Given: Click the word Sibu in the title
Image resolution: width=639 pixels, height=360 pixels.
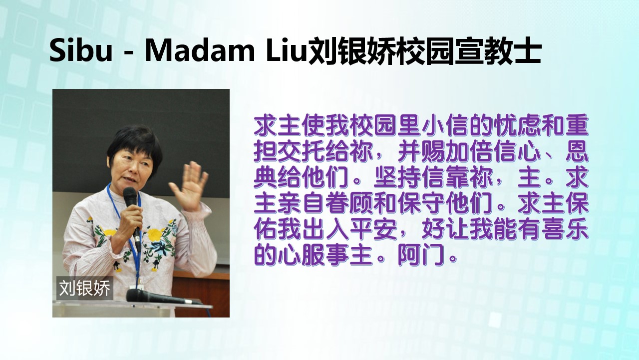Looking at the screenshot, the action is click(81, 50).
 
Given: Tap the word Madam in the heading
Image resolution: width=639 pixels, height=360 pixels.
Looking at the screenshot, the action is click(200, 50).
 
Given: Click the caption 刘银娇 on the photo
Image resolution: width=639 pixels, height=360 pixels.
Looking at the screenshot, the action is click(84, 288).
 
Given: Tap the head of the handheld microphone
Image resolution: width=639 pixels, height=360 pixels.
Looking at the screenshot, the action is click(130, 195).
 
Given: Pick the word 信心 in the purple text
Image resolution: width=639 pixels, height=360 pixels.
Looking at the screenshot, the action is click(517, 151).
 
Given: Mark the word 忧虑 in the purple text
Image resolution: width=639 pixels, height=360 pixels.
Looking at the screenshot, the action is click(517, 125).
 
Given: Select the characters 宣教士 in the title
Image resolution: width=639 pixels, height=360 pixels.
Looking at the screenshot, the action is click(498, 51).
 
